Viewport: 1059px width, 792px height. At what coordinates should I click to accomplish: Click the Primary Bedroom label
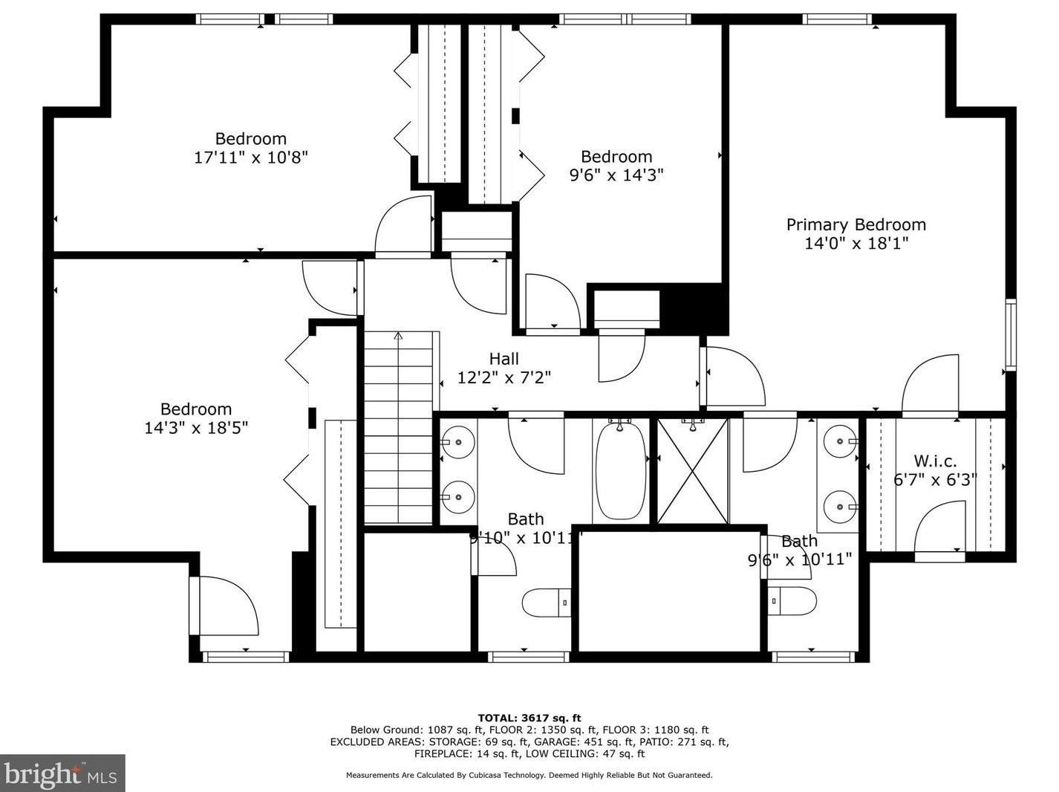point(856,225)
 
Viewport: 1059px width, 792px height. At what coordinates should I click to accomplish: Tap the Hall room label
point(504,359)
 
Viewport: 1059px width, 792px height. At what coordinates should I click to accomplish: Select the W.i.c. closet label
point(935,461)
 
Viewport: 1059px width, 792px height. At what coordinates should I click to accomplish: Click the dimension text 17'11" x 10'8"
point(251,158)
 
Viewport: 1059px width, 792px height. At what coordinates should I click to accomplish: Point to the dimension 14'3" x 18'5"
point(196,428)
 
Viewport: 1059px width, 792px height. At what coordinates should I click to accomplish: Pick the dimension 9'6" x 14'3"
point(616,175)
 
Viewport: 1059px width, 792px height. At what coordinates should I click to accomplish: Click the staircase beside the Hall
point(399,428)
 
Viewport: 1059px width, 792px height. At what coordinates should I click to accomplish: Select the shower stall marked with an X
point(692,471)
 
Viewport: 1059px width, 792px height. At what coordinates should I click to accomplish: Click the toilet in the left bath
point(546,603)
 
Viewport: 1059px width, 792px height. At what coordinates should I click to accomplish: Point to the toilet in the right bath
point(792,601)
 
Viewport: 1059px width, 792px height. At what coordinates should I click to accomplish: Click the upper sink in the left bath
point(458,442)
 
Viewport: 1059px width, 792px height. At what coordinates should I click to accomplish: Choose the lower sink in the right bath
point(841,507)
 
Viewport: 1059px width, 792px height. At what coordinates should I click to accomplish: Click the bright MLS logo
point(62,773)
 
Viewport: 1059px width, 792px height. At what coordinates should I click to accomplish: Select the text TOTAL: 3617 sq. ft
point(529,718)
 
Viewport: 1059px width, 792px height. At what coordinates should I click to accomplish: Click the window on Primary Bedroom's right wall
point(1011,334)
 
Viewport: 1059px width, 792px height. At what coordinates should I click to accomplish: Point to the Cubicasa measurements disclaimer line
point(529,775)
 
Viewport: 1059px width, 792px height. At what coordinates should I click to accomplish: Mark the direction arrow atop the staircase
point(398,335)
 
